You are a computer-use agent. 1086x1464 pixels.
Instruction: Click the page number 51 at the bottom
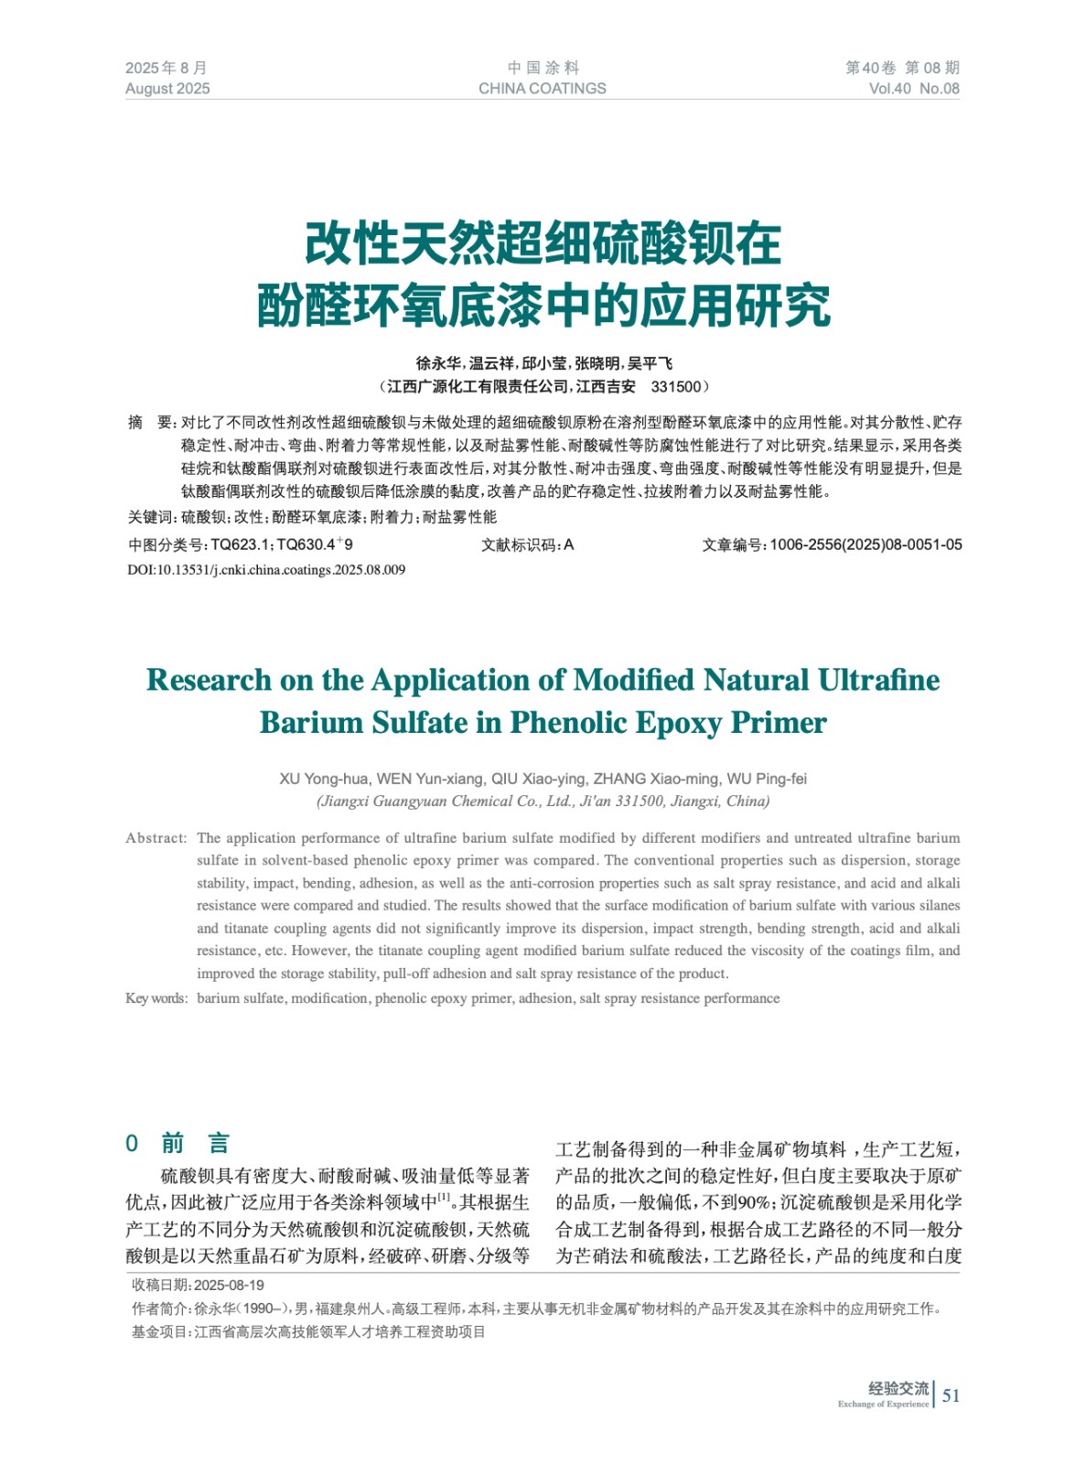tap(952, 1395)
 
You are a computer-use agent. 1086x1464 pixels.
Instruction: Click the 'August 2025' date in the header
tap(167, 89)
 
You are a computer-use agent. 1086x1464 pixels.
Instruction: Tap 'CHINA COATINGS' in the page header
tap(542, 89)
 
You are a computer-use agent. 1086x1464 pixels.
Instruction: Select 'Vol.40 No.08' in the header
tap(913, 89)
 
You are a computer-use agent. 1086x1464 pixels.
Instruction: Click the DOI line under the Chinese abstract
tap(265, 570)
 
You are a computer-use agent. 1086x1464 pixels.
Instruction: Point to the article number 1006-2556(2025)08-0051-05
tap(866, 545)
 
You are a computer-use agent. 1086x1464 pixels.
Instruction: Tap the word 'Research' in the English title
tap(209, 680)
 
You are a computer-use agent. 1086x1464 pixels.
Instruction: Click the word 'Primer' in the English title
tap(779, 723)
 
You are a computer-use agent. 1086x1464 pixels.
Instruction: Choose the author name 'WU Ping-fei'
tap(767, 780)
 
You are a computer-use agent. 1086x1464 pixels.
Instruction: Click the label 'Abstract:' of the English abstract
tap(156, 838)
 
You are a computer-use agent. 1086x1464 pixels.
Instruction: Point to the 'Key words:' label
tap(156, 998)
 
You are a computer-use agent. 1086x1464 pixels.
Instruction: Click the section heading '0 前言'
tap(177, 1144)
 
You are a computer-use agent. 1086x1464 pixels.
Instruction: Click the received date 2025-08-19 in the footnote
tap(229, 1286)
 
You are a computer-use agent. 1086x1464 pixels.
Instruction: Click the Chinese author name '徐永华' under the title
tap(437, 363)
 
